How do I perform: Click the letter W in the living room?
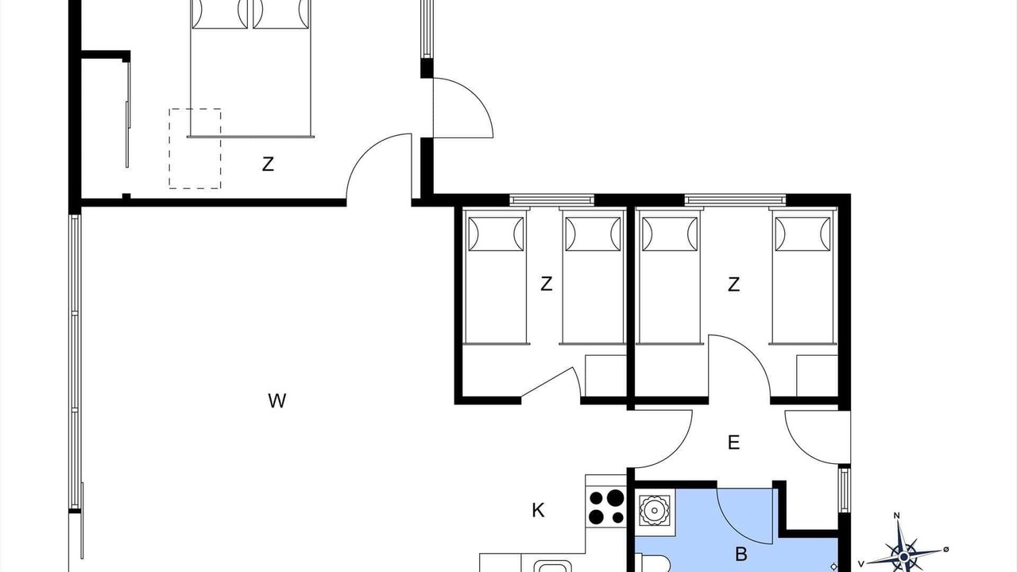(277, 401)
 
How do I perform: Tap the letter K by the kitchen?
(538, 511)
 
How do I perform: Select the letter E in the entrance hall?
(733, 443)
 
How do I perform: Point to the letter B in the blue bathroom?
(741, 555)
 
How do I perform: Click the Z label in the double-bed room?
(268, 164)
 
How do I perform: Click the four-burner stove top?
(606, 507)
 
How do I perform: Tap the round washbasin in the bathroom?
(654, 510)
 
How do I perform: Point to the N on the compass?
(897, 516)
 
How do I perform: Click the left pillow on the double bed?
(220, 14)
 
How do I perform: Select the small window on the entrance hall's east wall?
(844, 489)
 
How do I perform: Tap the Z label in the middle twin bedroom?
(547, 284)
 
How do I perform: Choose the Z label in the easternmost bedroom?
(733, 284)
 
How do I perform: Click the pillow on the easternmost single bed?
(803, 234)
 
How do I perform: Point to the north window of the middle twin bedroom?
(551, 199)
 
